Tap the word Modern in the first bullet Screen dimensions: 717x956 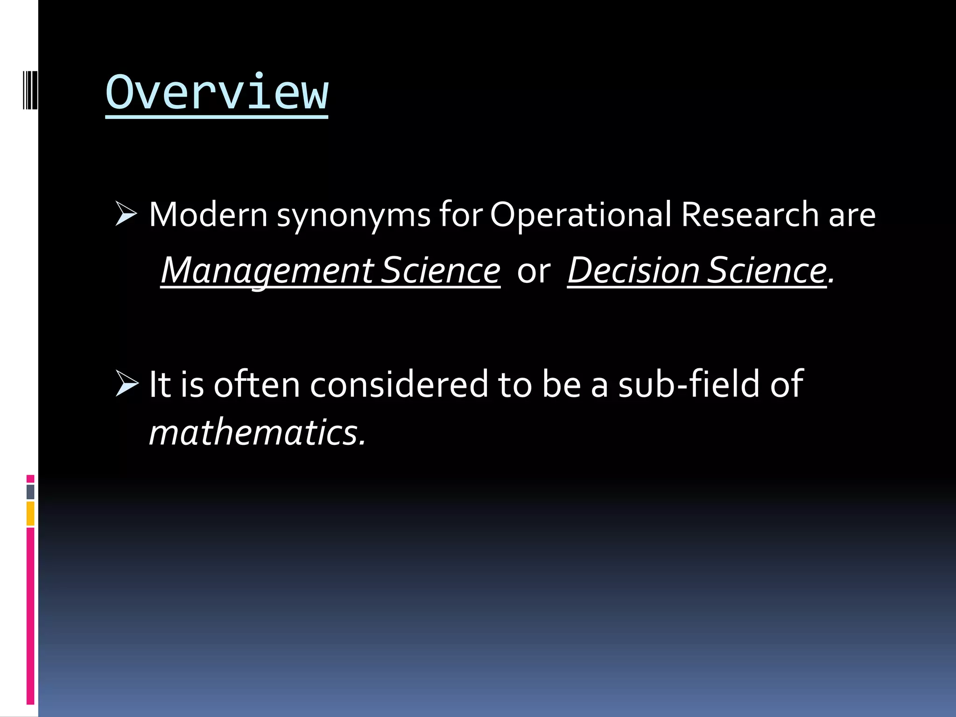click(208, 215)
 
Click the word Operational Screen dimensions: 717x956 click(580, 215)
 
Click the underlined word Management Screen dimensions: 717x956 click(267, 271)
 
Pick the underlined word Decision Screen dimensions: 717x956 click(633, 271)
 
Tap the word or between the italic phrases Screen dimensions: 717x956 click(534, 272)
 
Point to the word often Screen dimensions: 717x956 click(257, 384)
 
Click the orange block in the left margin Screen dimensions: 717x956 click(30, 513)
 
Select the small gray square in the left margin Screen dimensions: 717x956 click(30, 492)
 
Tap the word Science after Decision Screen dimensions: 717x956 click(766, 271)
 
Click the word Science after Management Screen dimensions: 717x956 click(440, 271)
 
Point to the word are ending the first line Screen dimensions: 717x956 click(852, 216)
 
